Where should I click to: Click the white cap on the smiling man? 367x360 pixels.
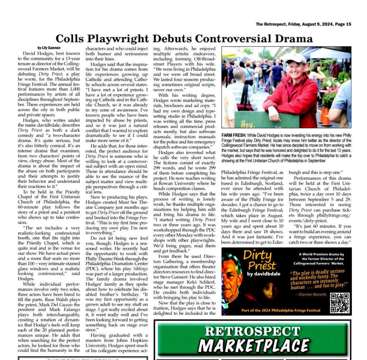point(296,58)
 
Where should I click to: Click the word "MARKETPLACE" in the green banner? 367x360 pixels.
point(253,346)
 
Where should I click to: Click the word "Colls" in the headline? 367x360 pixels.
point(70,39)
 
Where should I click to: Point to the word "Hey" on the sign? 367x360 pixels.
point(247,124)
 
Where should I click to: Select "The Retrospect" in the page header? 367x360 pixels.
point(271,24)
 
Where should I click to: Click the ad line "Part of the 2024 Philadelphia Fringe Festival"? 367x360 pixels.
point(281,311)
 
